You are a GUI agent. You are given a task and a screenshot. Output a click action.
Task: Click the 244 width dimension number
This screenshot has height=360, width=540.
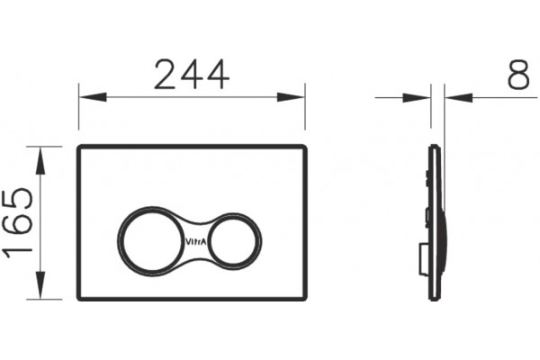tap(192, 75)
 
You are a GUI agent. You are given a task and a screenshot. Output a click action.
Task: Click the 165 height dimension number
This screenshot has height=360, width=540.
tap(18, 223)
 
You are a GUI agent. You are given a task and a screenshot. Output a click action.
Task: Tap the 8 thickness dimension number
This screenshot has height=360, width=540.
tap(518, 75)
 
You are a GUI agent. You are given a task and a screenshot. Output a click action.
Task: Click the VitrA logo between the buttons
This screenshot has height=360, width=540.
tap(196, 242)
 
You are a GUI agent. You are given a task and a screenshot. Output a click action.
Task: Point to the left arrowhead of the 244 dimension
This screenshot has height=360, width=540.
tap(93, 97)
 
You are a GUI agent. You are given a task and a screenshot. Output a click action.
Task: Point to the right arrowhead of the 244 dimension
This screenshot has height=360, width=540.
tap(291, 97)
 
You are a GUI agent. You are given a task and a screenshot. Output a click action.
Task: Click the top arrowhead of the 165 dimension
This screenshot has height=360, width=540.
tap(40, 160)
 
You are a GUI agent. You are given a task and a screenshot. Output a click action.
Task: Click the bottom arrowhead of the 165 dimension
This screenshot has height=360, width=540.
tap(40, 285)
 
